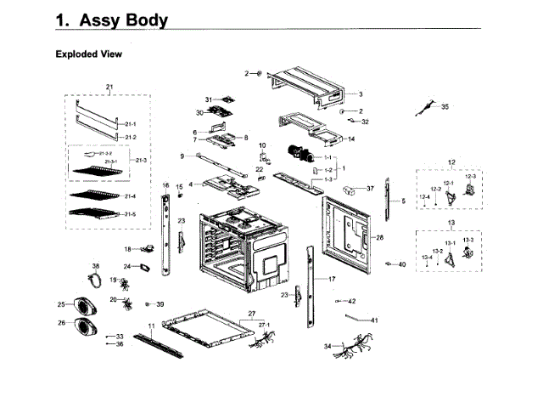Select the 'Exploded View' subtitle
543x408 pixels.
(x=89, y=54)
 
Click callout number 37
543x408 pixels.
(x=370, y=188)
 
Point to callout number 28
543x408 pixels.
(x=379, y=237)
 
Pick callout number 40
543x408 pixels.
(x=402, y=264)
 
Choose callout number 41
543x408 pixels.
(x=374, y=320)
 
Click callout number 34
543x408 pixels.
(x=327, y=346)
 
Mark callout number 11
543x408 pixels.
(x=151, y=326)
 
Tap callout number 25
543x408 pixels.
(x=61, y=304)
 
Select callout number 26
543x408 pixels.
(x=61, y=323)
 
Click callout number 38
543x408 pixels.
(x=96, y=266)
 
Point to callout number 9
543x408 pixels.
(x=182, y=156)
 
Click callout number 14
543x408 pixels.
(x=351, y=139)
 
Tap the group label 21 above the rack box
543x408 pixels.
(x=109, y=88)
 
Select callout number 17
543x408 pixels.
(x=332, y=279)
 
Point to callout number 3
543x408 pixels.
(x=360, y=94)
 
